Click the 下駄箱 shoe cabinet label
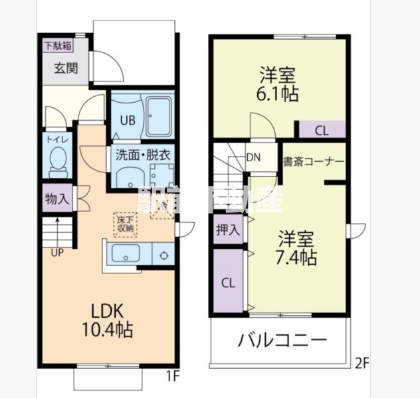click(x=58, y=46)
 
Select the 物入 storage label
click(x=56, y=198)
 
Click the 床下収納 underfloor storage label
click(x=126, y=224)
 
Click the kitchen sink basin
click(x=125, y=254)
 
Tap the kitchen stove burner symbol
click(x=164, y=255)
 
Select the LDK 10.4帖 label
click(x=108, y=320)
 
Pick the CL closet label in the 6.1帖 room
click(x=321, y=131)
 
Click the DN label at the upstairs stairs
click(x=253, y=157)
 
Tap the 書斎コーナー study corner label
click(x=313, y=161)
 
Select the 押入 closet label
click(x=228, y=230)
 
